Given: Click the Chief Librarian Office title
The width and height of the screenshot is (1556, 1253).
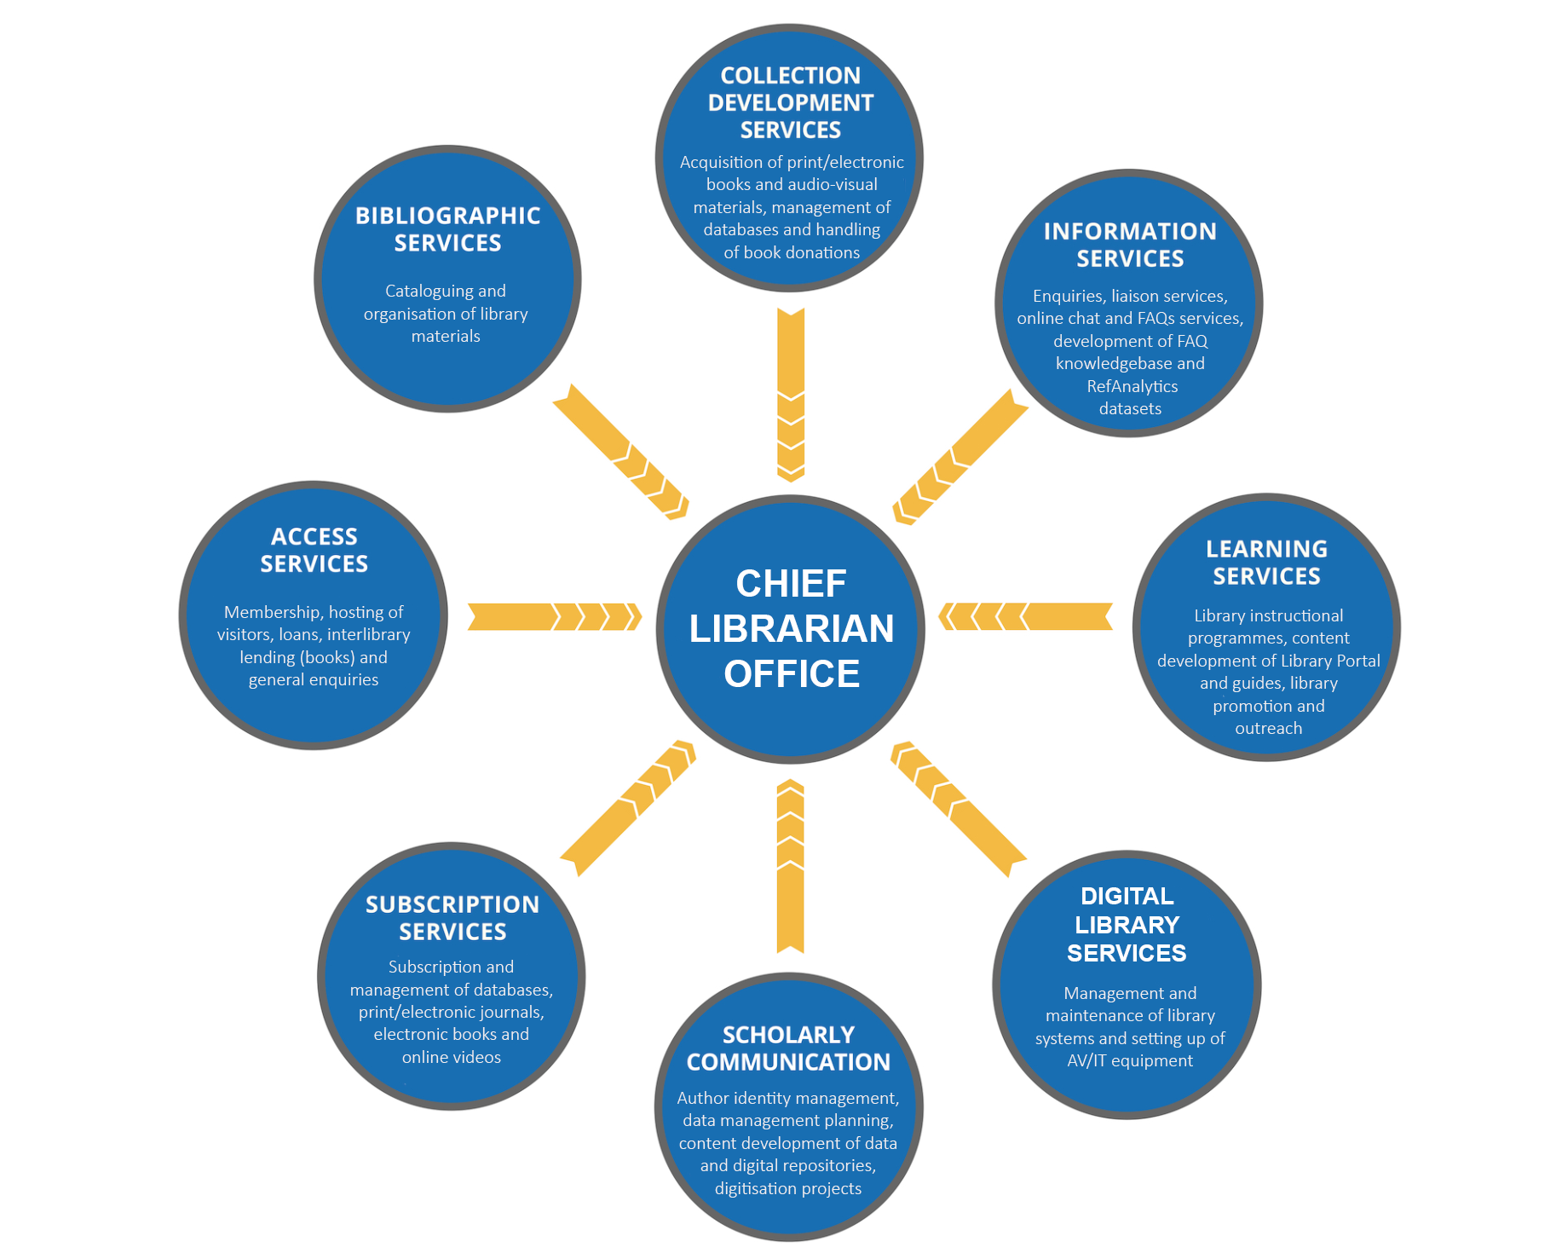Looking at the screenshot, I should [791, 628].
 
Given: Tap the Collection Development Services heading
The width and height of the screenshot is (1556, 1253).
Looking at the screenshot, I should [790, 102].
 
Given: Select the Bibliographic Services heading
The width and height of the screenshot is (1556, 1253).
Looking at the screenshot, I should [447, 229].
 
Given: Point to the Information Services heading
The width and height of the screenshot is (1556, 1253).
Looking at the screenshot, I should [1130, 245].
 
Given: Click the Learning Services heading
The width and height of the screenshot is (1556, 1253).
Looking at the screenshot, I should [1266, 563].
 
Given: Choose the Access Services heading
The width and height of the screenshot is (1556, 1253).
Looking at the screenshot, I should [314, 550].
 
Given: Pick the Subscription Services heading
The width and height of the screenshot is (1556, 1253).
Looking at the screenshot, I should [452, 918].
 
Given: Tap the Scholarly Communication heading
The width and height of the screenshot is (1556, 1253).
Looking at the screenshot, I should [788, 1048].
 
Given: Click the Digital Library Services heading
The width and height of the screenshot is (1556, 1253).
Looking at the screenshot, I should [1127, 924].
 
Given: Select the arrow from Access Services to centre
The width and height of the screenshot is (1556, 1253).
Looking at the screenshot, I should [554, 616].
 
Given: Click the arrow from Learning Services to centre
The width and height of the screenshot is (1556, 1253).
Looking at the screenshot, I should [1026, 616].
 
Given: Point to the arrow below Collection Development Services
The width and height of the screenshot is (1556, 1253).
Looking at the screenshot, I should [791, 395].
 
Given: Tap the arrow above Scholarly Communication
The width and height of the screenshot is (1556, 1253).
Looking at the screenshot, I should [791, 866].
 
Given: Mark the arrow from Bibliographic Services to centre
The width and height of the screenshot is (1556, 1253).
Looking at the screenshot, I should [620, 451].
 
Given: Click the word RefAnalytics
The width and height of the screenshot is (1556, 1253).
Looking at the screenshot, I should [1132, 386].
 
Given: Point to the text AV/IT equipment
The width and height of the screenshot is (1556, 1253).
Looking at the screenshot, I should [1130, 1060].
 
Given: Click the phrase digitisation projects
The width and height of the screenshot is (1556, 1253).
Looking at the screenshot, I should [788, 1188].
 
